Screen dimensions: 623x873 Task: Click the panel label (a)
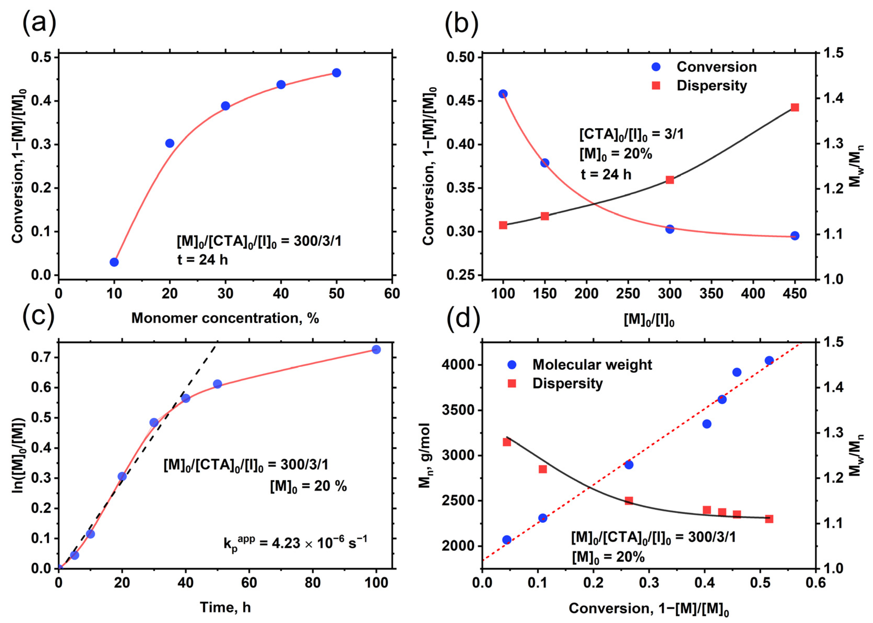(x=39, y=23)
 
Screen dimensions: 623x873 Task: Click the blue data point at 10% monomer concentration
(x=114, y=262)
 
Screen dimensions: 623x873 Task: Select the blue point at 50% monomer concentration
(x=337, y=73)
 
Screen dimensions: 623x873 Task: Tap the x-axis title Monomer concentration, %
(x=225, y=318)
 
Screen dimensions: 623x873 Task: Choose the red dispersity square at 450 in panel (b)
(x=795, y=108)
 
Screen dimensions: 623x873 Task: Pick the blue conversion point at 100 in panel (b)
(x=503, y=94)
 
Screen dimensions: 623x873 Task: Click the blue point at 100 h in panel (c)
(x=376, y=349)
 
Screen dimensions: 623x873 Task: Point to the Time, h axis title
(x=225, y=607)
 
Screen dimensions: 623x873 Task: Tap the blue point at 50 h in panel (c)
(x=217, y=384)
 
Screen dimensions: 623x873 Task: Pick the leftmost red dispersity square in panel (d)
(x=506, y=442)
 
